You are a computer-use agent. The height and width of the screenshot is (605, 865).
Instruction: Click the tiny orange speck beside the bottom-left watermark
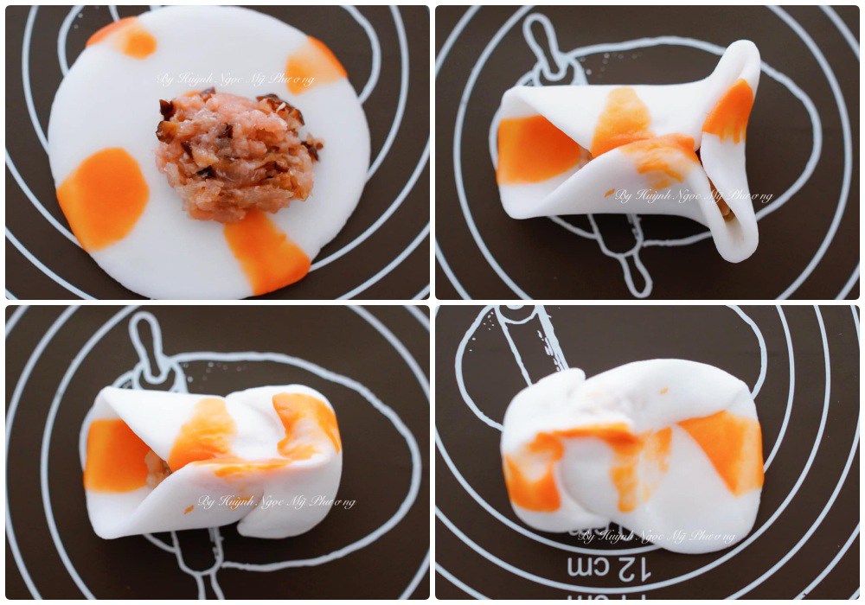point(189,509)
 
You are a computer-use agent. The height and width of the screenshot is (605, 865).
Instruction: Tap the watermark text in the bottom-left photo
point(276,501)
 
